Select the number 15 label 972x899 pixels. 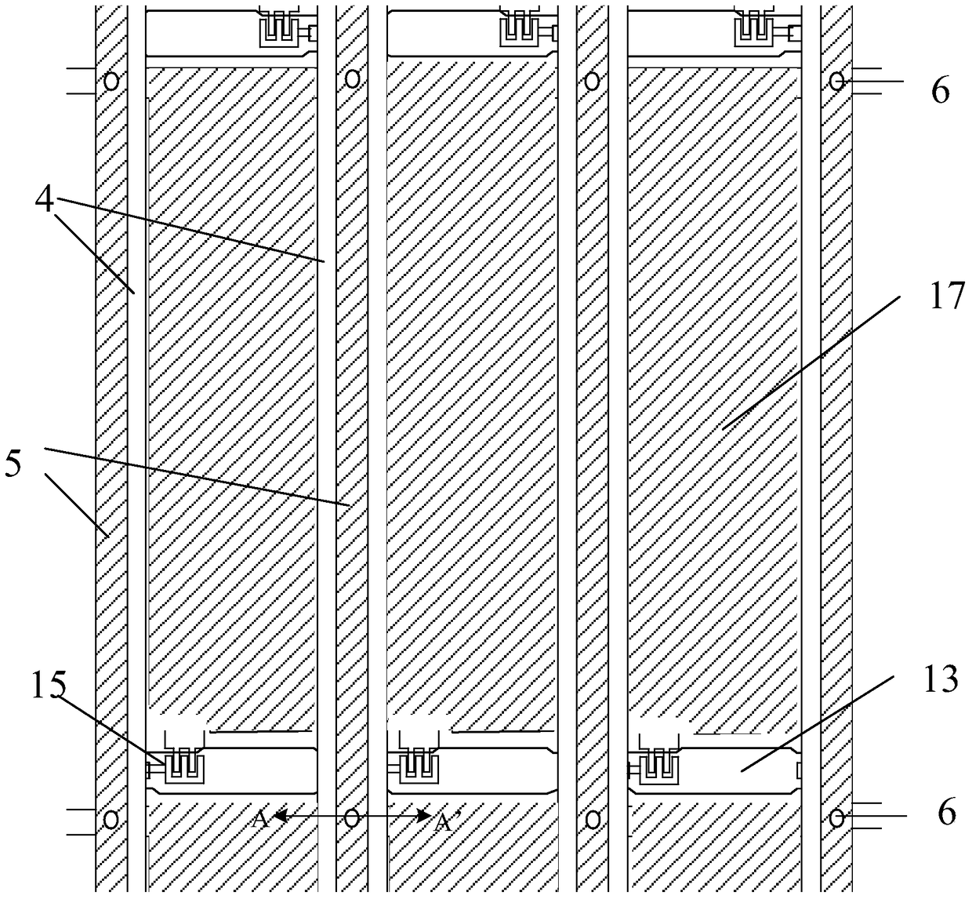click(x=49, y=685)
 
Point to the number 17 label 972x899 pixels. click(x=947, y=296)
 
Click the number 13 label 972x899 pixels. click(x=940, y=679)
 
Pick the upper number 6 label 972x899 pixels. click(x=940, y=91)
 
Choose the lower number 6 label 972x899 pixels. click(x=947, y=812)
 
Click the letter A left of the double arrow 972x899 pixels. click(x=260, y=819)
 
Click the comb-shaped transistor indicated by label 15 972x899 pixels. click(x=184, y=766)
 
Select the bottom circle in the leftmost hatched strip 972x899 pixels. click(x=111, y=819)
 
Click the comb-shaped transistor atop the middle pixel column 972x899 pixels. click(x=520, y=29)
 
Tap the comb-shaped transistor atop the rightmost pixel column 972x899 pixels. click(x=755, y=29)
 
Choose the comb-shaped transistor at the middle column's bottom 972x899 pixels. click(x=419, y=766)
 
